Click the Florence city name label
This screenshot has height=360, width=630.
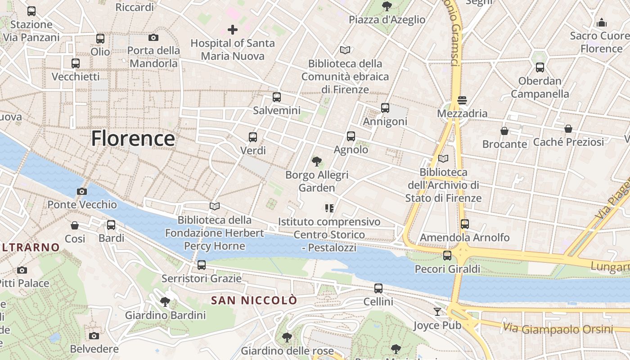tap(133, 138)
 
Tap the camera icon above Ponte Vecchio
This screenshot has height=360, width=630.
tap(81, 191)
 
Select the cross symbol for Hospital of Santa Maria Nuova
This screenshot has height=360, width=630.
tap(232, 30)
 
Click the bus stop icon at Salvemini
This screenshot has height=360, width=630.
tap(276, 97)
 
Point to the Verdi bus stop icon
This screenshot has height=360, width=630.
tap(253, 137)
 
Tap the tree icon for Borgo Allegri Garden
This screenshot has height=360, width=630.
tap(317, 161)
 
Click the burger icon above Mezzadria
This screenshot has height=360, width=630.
tap(462, 99)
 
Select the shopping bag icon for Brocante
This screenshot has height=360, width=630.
tap(504, 131)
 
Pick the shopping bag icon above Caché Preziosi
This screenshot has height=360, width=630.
tap(568, 129)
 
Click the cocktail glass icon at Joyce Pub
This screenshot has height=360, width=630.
tap(437, 311)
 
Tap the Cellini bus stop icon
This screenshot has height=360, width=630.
tap(378, 288)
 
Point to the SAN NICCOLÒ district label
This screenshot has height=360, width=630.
tap(254, 300)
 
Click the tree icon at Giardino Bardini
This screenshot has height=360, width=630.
tap(165, 301)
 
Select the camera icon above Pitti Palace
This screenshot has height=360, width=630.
tap(22, 270)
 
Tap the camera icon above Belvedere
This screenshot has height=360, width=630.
tap(94, 336)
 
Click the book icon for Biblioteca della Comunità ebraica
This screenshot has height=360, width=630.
tap(345, 50)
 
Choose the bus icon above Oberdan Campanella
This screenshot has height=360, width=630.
tap(540, 67)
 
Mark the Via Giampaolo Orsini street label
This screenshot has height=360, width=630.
tap(558, 329)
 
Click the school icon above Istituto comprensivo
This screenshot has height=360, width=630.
tap(329, 208)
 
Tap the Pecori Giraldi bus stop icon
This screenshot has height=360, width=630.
tap(447, 256)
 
